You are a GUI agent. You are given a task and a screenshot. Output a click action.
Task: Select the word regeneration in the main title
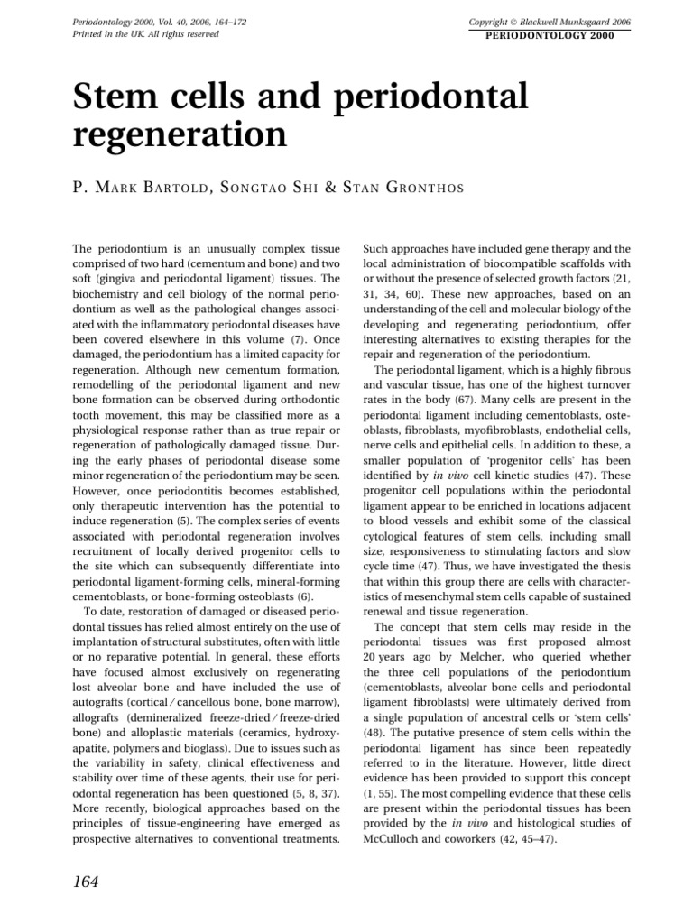178,136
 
